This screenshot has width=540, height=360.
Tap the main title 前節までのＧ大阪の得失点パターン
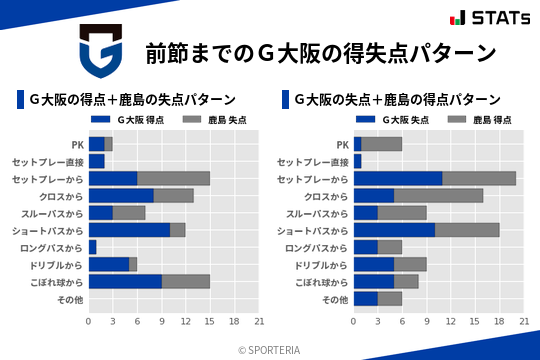[320, 53]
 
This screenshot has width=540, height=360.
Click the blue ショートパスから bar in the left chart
[129, 230]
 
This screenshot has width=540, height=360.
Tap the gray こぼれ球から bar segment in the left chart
[186, 282]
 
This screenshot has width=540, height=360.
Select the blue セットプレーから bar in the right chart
[398, 178]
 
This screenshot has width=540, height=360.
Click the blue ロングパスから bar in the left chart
[92, 247]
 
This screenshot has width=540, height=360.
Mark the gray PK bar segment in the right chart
[382, 144]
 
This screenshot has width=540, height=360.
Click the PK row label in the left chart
[77, 144]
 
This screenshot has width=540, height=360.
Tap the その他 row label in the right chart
[335, 299]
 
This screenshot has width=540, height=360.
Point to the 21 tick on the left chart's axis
[259, 321]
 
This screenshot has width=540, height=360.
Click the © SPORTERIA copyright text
[270, 349]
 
